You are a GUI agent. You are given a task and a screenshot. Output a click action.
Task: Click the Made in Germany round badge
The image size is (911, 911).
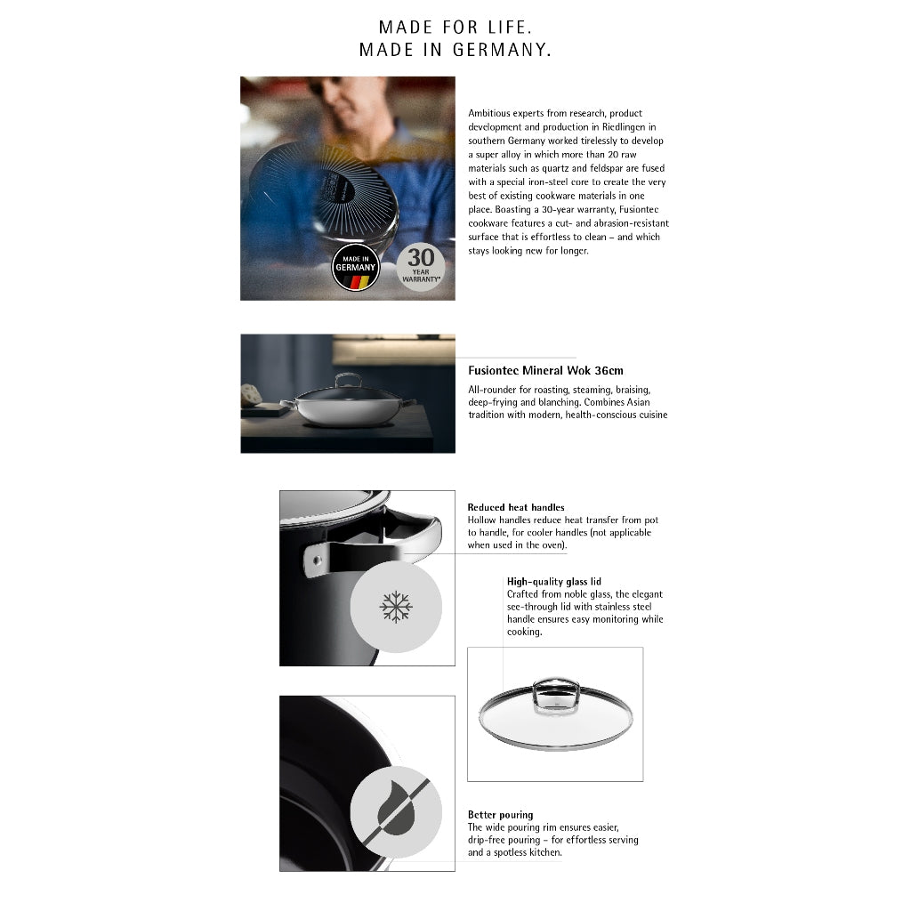pyautogui.click(x=356, y=267)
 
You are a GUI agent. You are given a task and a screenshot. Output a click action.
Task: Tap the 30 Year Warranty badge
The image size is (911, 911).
pyautogui.click(x=421, y=267)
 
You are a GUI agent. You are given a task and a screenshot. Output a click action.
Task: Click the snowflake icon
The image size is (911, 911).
pyautogui.click(x=396, y=607)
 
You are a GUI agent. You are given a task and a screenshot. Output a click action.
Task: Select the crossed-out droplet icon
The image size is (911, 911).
pyautogui.click(x=396, y=812)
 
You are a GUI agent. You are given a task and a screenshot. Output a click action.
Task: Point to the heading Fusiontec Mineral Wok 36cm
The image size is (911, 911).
pyautogui.click(x=545, y=371)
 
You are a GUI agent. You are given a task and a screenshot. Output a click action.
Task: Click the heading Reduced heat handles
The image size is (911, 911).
pyautogui.click(x=516, y=507)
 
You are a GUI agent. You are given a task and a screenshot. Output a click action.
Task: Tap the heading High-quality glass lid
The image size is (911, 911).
pyautogui.click(x=553, y=582)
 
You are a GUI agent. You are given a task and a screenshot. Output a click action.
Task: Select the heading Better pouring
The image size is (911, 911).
pyautogui.click(x=500, y=815)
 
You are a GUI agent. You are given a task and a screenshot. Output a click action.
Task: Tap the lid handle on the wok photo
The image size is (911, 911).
pyautogui.click(x=348, y=379)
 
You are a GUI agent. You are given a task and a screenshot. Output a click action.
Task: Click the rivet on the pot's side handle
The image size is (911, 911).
pyautogui.click(x=317, y=560)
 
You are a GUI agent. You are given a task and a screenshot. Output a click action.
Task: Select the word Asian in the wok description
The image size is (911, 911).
pyautogui.click(x=638, y=402)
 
